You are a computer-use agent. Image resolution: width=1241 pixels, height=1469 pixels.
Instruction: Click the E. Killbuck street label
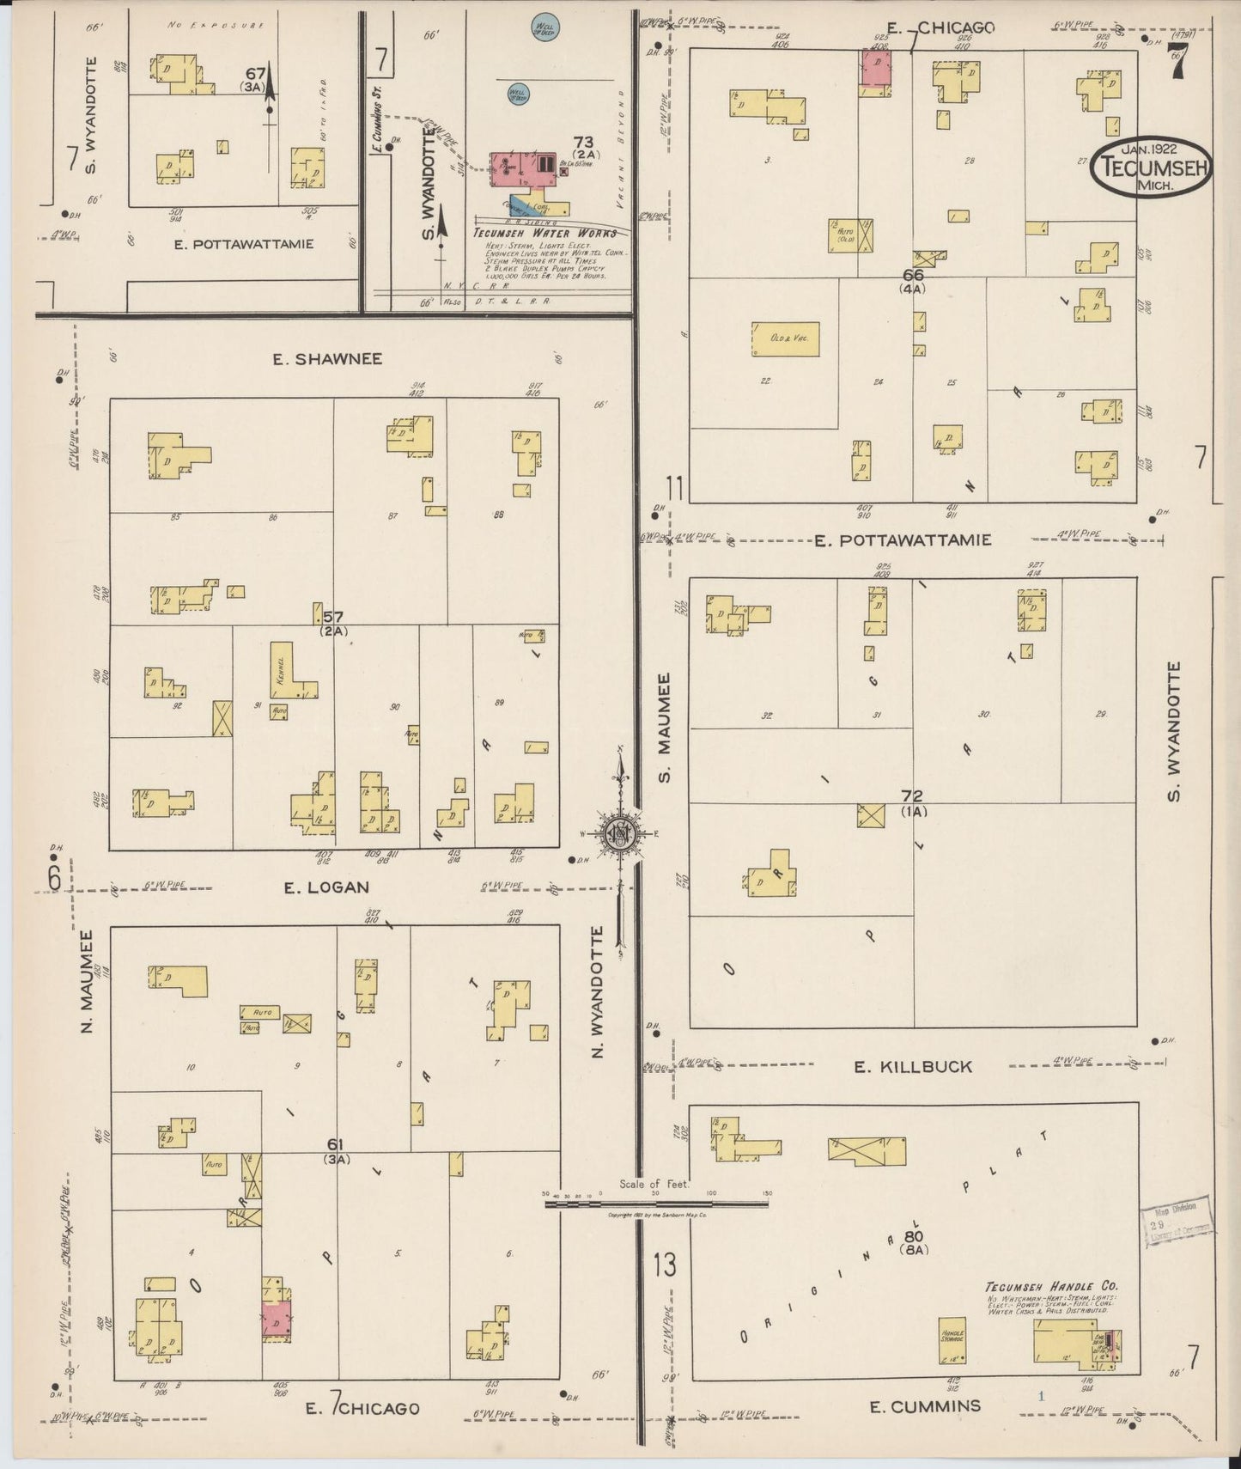point(913,1067)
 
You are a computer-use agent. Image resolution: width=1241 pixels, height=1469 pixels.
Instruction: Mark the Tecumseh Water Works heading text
point(544,234)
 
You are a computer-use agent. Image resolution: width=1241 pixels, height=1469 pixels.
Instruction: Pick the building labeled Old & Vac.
point(785,339)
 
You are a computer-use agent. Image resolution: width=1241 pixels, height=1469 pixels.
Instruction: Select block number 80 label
point(912,1238)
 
